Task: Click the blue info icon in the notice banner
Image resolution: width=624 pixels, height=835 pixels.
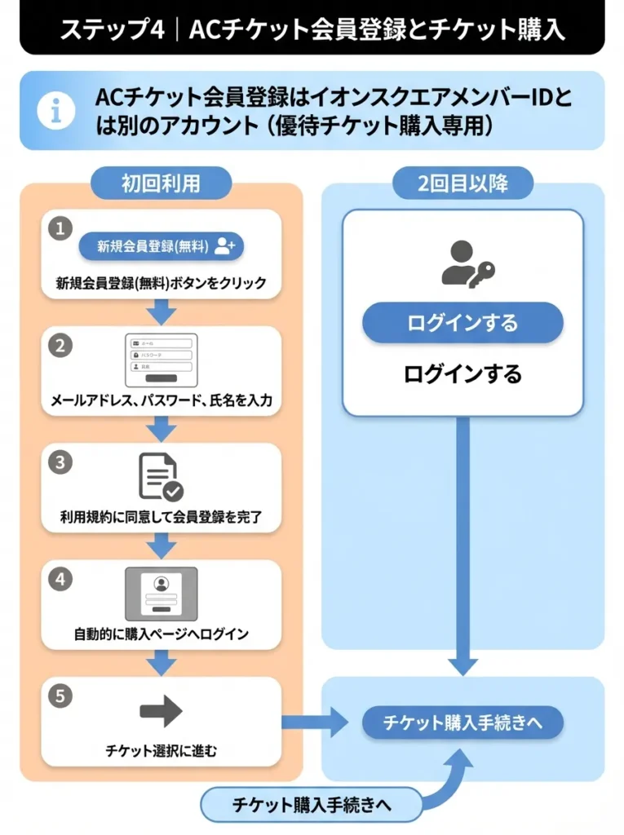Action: click(x=56, y=111)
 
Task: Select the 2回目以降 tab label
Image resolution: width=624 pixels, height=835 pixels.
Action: click(x=462, y=183)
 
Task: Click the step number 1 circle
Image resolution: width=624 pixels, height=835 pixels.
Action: click(x=60, y=228)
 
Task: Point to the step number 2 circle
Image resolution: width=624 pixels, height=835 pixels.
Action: click(x=60, y=345)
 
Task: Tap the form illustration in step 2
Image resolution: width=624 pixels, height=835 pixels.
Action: click(x=162, y=360)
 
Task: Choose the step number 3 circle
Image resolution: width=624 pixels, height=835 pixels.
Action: click(x=60, y=462)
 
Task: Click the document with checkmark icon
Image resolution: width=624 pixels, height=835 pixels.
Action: click(x=161, y=477)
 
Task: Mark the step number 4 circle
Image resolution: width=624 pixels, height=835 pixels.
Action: click(x=60, y=579)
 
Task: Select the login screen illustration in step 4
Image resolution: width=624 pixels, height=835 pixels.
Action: click(x=161, y=594)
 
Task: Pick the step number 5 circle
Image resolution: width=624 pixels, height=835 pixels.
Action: click(x=60, y=696)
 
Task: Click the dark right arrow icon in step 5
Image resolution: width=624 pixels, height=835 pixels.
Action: click(x=161, y=711)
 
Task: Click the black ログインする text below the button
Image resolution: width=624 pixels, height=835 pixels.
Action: click(x=462, y=374)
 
